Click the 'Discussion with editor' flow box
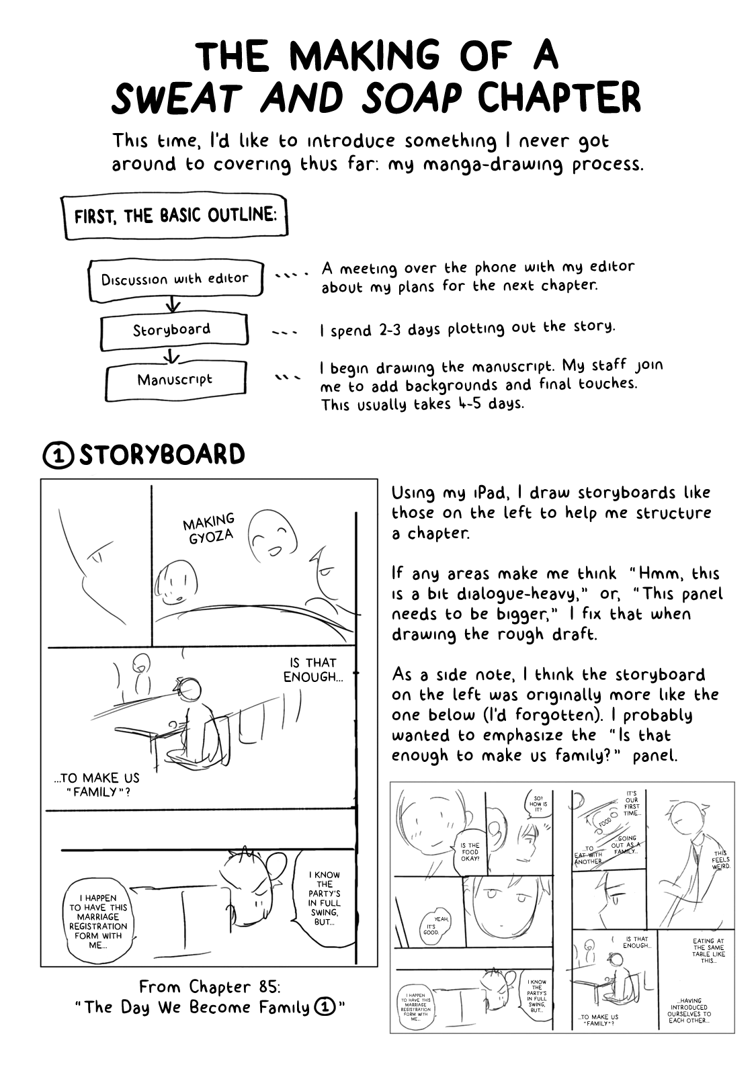pos(175,279)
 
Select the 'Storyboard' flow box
pos(173,330)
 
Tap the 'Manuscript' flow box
pos(175,380)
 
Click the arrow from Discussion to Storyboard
pos(173,305)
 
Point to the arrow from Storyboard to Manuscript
pos(173,355)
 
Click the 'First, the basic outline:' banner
pos(175,216)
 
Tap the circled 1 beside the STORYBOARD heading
pos(58,456)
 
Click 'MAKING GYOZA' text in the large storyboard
pos(209,528)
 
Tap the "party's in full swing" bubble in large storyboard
pos(324,898)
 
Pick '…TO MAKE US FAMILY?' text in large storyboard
pos(97,785)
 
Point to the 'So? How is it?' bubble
pos(539,804)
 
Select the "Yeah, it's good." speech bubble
pos(433,925)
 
